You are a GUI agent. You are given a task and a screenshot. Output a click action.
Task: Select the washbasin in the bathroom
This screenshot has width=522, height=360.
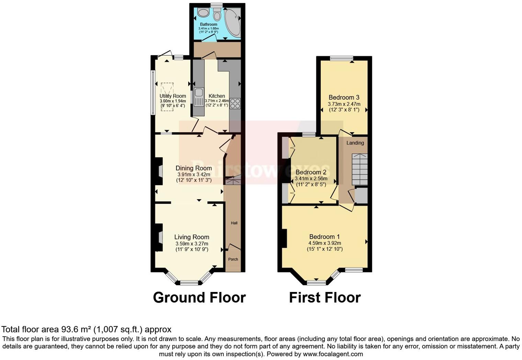point(203,13)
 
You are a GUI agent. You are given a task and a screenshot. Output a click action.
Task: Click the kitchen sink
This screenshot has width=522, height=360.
point(198,97)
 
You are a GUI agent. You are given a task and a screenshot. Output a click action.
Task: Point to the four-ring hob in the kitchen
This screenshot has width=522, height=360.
point(235,103)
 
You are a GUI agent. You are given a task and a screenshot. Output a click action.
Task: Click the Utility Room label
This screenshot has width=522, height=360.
point(173,96)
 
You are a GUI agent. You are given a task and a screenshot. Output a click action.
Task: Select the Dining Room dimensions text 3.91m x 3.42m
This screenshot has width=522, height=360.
point(194,175)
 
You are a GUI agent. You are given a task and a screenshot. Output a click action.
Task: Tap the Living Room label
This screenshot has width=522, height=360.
point(192,237)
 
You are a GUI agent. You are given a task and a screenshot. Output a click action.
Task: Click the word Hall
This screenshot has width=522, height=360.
point(234,223)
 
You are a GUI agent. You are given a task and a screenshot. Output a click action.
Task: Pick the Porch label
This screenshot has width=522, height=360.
point(233,259)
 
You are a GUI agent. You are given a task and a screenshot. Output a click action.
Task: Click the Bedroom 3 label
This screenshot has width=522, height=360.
point(344,98)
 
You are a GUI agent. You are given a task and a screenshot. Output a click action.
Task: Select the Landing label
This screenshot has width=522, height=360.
point(355,143)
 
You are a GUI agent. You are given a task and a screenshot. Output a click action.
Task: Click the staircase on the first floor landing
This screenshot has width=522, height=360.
point(360,169)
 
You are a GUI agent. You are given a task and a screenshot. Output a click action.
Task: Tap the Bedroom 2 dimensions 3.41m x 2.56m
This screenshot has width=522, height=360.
point(311,179)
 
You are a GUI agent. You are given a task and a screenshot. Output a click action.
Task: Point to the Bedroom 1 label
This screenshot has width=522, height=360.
point(325,237)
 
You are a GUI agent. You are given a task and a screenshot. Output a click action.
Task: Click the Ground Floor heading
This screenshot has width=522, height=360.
point(199,297)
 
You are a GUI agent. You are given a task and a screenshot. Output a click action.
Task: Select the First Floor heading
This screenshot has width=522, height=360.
point(325,297)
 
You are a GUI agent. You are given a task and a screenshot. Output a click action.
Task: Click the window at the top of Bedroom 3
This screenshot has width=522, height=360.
point(342,58)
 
